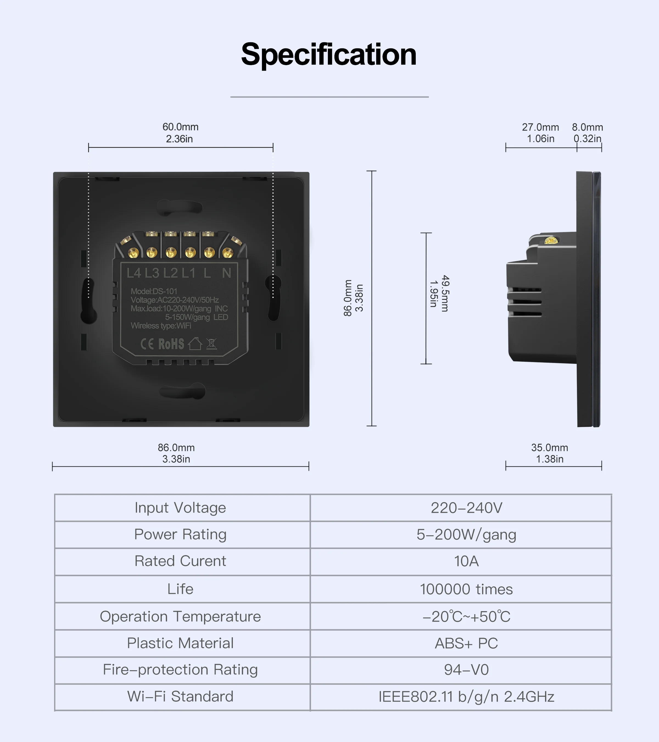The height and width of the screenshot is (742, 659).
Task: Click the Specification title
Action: coord(329,54)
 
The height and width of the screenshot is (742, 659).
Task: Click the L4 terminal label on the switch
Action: coord(133,273)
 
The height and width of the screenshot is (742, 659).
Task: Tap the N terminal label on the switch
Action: coord(227,273)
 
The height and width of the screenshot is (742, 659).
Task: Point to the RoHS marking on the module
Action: coord(171,344)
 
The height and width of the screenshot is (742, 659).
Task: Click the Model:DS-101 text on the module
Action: coord(154,291)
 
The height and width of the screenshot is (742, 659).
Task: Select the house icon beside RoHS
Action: coord(195,344)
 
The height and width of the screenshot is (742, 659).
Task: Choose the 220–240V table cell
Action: coord(467,508)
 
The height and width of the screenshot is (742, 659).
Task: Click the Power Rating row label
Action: coord(180,534)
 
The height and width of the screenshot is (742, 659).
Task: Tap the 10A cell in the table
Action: coord(467,561)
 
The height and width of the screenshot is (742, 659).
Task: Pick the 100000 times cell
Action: coord(467,589)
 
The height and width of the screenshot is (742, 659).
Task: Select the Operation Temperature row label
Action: coord(180,616)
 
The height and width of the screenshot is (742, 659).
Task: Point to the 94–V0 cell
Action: coord(467,670)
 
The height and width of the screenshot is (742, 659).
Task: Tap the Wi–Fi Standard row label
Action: coord(180,697)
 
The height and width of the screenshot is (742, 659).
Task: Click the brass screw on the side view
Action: coord(550,240)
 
